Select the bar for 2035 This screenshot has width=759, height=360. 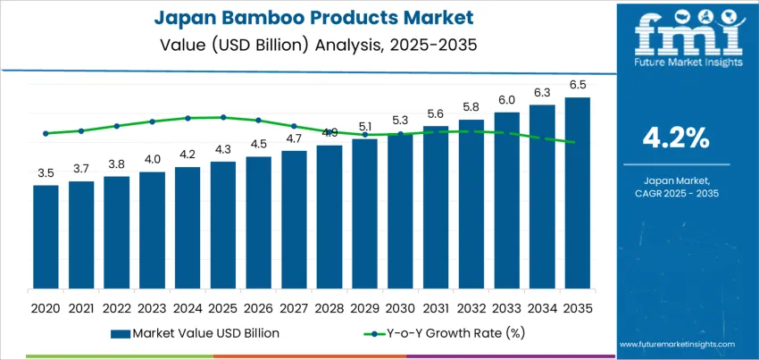[577, 197]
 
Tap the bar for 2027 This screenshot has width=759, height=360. [294, 224]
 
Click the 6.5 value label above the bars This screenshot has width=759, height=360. [577, 86]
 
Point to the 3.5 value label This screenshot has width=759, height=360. [46, 173]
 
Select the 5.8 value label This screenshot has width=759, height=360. [471, 107]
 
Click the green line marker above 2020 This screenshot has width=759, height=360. [46, 133]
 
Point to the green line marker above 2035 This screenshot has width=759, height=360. [577, 142]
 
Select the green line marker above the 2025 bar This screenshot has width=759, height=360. [223, 117]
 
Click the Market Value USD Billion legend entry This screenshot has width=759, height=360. [196, 333]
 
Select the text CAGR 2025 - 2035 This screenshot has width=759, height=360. [675, 193]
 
